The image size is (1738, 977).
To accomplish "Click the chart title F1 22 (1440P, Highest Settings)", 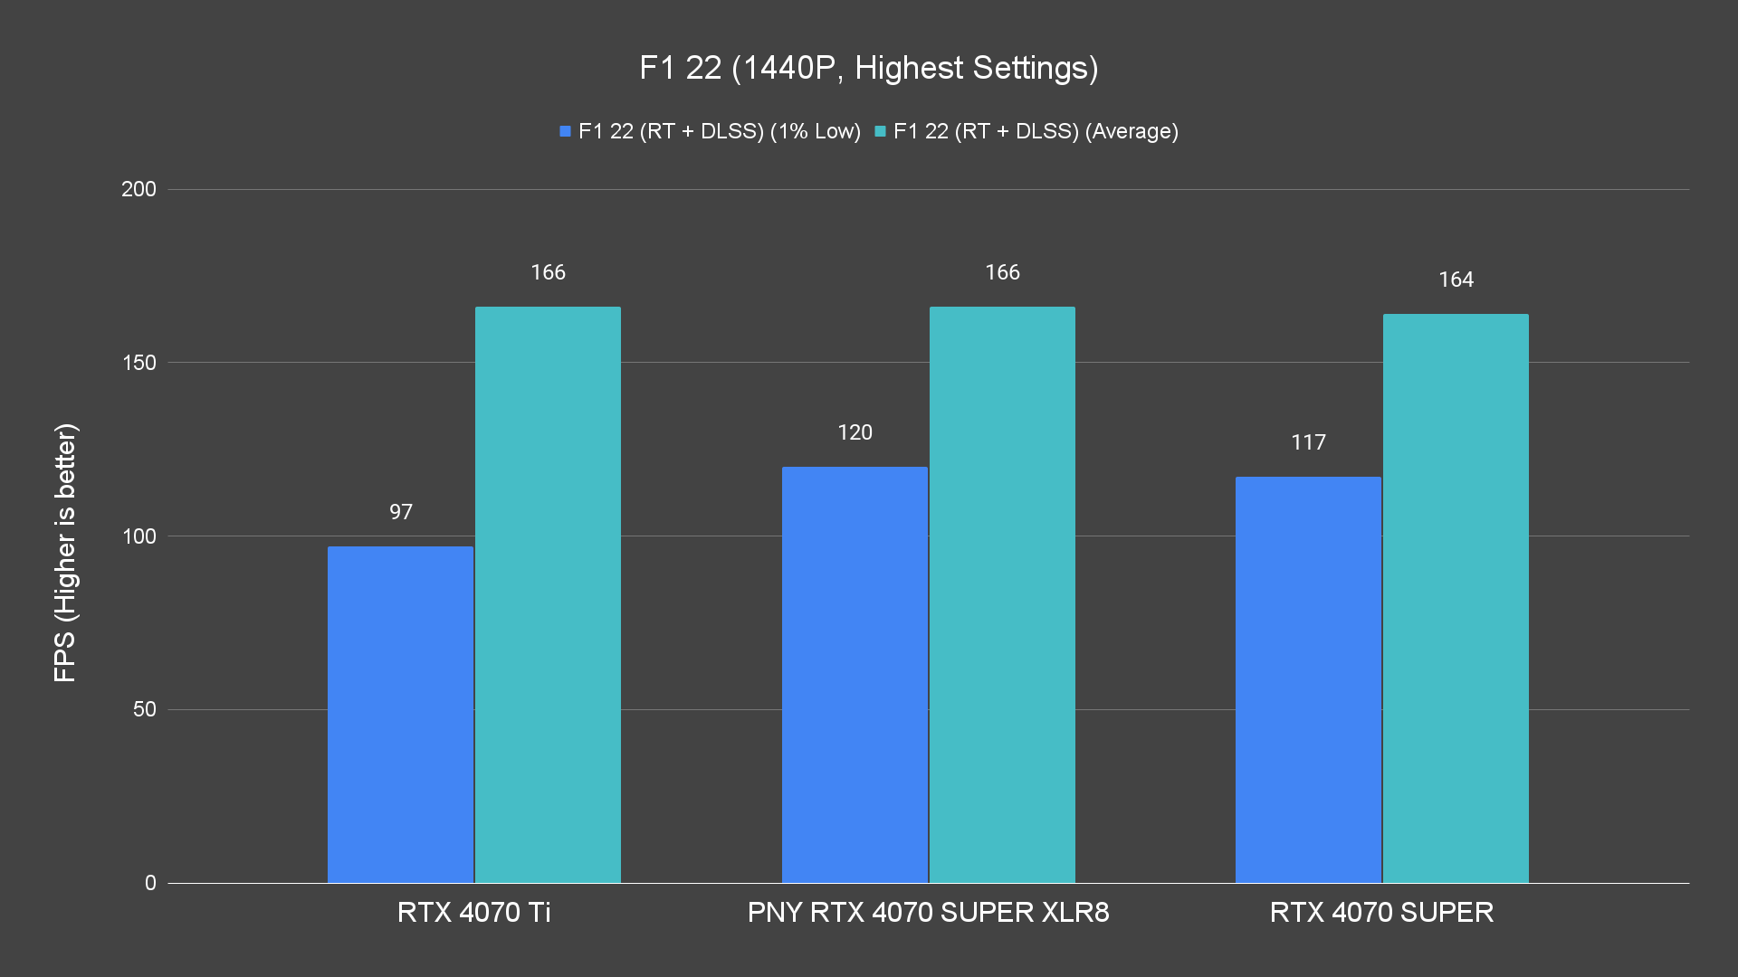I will click(868, 68).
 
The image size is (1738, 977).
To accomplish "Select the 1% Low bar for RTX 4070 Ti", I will click(400, 715).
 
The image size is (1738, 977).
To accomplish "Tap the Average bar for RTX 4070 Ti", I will click(548, 594).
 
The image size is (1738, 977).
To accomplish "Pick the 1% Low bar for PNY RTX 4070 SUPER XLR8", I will click(855, 675).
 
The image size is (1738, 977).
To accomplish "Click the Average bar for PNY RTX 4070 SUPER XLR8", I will click(1002, 594).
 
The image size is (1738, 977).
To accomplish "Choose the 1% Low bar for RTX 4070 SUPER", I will click(1308, 679).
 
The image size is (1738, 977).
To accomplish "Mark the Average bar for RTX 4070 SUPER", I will click(1456, 598).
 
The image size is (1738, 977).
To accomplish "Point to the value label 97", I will click(401, 512).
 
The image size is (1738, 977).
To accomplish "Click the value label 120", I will click(855, 432).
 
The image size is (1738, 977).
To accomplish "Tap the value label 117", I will click(1308, 442).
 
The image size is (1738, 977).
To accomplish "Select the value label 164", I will click(1456, 280).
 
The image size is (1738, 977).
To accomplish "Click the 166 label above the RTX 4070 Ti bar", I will click(548, 272).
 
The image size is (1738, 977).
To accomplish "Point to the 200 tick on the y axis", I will click(138, 189).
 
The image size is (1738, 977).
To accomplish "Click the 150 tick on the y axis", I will click(138, 363).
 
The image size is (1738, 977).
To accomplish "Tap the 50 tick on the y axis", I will click(144, 709).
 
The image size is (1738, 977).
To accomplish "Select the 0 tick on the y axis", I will click(150, 883).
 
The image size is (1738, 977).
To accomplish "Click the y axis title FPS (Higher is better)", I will click(65, 552).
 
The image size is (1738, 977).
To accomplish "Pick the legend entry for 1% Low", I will click(711, 131).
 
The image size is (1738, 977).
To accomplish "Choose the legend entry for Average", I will click(1027, 131).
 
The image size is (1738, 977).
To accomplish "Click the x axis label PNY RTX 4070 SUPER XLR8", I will click(928, 912).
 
